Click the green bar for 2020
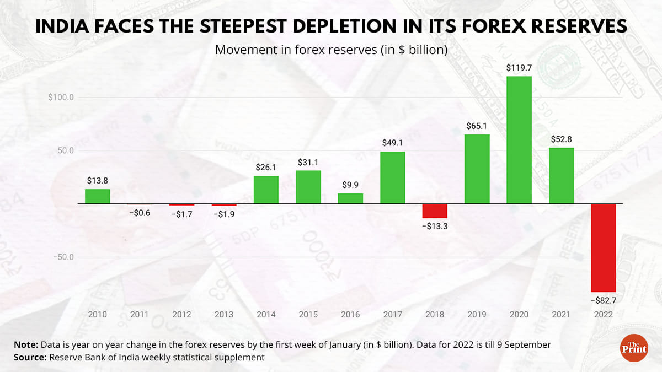tap(519, 140)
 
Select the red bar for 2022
tap(604, 247)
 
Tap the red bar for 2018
tap(435, 211)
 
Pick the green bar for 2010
tap(98, 196)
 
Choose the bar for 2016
tap(350, 198)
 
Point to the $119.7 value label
tap(519, 68)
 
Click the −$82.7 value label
tap(604, 300)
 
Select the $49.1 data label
tap(393, 143)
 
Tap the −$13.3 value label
tap(435, 227)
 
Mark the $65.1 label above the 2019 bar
tap(477, 126)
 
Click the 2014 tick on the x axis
tap(266, 315)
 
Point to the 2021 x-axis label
tap(561, 315)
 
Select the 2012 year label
tap(181, 315)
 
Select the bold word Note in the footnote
tap(26, 345)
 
